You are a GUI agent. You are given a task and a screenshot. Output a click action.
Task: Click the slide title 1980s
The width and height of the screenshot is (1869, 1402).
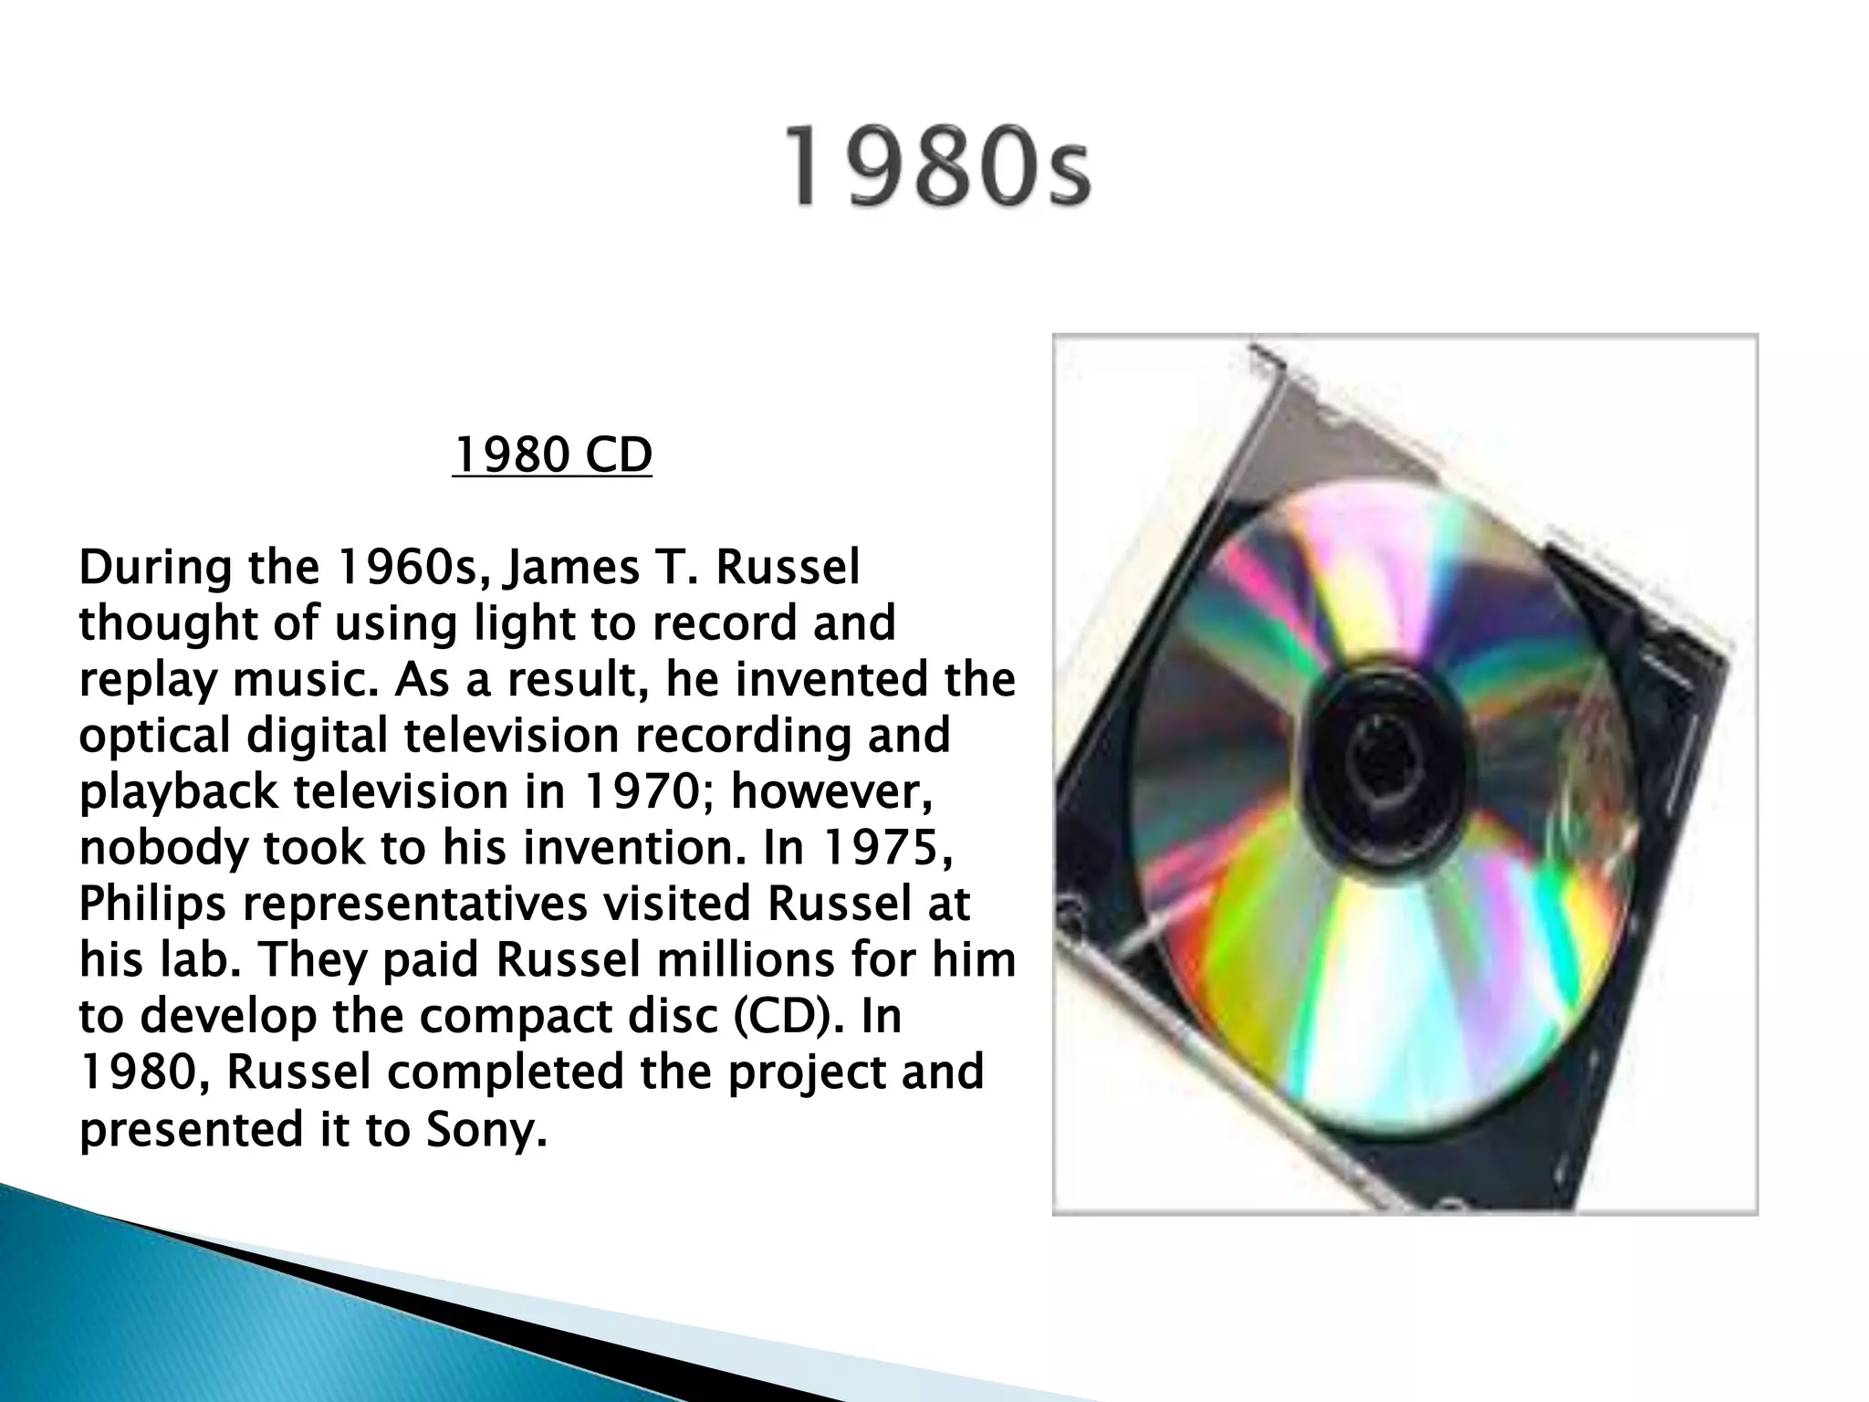tap(937, 167)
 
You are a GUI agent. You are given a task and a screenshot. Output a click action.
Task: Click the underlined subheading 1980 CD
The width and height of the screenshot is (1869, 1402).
tap(552, 455)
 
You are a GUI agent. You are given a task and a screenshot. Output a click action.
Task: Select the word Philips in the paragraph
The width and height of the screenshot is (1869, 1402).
tap(151, 905)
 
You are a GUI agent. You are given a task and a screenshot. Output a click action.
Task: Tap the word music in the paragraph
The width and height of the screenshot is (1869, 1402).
tap(304, 680)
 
